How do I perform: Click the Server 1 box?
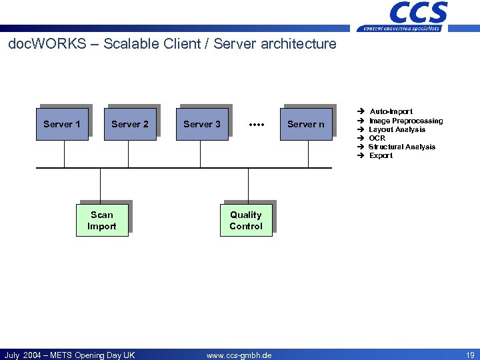click(62, 124)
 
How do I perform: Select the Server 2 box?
click(130, 124)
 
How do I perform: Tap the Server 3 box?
click(202, 124)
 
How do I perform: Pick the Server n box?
click(306, 124)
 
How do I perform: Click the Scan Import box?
click(102, 221)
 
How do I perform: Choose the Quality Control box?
click(246, 221)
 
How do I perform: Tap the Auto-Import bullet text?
click(391, 111)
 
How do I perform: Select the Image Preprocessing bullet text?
click(405, 121)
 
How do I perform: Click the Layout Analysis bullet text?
click(397, 129)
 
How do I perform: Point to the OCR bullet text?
click(377, 138)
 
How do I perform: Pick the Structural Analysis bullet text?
click(401, 147)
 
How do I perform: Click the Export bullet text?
click(381, 155)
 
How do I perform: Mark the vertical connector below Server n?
click(308, 154)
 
